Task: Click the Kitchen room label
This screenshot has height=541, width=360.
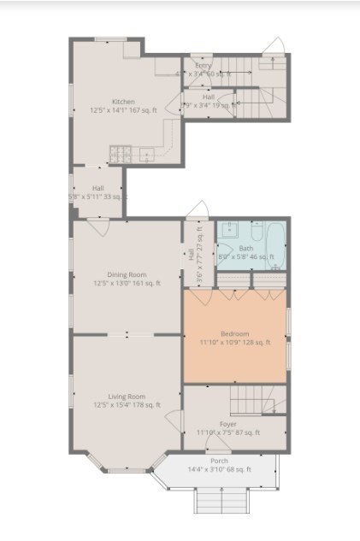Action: tap(123, 101)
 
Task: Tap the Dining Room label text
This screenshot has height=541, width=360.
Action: tap(127, 275)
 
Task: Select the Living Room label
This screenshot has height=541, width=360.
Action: tap(127, 396)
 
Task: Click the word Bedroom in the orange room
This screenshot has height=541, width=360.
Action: tap(235, 333)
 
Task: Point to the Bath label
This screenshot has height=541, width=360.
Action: tap(247, 247)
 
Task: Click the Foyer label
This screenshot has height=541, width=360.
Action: tap(228, 424)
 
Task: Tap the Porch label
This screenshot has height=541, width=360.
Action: tap(219, 462)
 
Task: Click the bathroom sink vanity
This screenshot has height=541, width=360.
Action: tap(228, 230)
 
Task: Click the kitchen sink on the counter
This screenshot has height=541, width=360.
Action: tap(146, 155)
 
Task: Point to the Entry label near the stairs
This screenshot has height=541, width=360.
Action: tap(203, 66)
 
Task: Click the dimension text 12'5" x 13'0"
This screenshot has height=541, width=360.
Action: tap(127, 284)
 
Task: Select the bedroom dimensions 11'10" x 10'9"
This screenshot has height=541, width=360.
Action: tap(235, 342)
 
